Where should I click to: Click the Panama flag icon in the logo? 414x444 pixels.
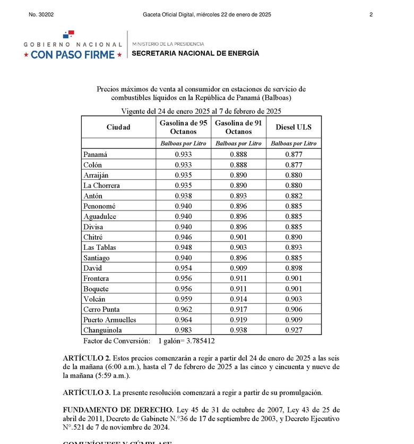coord(68,35)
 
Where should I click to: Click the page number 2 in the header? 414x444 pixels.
coord(371,15)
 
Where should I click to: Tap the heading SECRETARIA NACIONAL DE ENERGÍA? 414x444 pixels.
coord(195,53)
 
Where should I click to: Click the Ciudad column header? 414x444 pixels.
coord(118,127)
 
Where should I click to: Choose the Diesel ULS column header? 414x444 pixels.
coord(294,127)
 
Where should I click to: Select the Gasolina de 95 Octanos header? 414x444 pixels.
coord(183,127)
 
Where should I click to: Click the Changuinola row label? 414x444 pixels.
coord(103,330)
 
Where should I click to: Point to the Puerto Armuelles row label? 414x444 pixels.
coord(110,320)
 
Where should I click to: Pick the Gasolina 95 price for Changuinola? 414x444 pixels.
coord(183,330)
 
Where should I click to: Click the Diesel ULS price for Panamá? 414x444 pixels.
coord(294,155)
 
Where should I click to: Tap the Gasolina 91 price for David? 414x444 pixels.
coord(238,269)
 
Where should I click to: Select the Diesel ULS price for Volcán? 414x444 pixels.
coord(294,299)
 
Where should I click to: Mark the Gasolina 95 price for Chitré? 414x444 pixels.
coord(183,237)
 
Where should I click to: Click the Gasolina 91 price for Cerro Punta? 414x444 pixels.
coord(238,309)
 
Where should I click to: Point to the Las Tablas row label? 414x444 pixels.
coord(99,247)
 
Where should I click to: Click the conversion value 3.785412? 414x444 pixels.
coord(197,341)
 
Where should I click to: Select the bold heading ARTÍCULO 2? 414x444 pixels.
coord(87,358)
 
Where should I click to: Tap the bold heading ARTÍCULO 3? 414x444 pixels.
coord(87,393)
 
